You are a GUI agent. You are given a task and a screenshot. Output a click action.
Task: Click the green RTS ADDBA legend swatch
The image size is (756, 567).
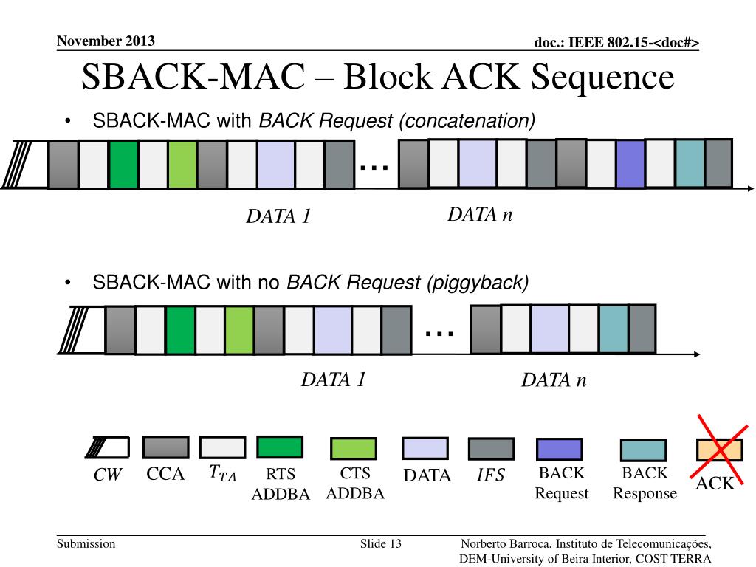click(x=279, y=447)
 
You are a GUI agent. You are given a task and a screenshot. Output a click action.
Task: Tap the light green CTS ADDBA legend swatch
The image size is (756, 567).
click(x=353, y=448)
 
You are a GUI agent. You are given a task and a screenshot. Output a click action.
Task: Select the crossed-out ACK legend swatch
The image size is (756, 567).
click(x=720, y=449)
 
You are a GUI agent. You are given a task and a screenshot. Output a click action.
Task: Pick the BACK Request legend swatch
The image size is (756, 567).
click(x=559, y=449)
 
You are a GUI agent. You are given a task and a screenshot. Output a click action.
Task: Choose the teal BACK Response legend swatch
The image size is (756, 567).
click(x=643, y=450)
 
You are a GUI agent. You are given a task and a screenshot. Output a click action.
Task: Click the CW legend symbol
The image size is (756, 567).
click(x=107, y=447)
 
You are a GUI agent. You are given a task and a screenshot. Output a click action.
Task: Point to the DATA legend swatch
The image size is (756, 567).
click(x=425, y=448)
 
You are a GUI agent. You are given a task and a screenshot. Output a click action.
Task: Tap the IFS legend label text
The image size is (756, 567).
click(x=490, y=476)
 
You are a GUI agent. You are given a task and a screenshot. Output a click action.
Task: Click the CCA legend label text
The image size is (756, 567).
click(x=165, y=475)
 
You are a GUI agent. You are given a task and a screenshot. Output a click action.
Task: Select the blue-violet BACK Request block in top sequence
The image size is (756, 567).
click(x=630, y=163)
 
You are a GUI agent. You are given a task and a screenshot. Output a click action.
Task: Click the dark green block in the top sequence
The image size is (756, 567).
click(x=123, y=163)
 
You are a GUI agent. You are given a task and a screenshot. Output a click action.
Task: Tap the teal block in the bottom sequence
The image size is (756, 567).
click(x=613, y=329)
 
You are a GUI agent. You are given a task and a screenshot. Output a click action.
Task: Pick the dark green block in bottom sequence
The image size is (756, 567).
click(x=180, y=329)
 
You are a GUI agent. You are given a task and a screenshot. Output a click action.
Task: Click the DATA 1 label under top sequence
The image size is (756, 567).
click(x=278, y=217)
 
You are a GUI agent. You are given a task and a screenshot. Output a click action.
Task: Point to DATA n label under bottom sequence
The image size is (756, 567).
click(x=554, y=380)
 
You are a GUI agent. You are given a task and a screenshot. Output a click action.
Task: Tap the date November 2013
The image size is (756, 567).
click(x=106, y=41)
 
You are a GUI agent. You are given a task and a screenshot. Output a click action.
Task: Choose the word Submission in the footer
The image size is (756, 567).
click(x=86, y=544)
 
